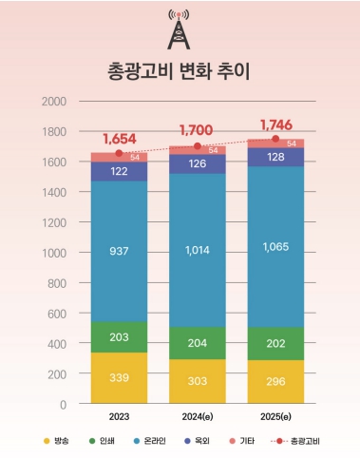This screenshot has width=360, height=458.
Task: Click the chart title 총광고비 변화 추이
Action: click(180, 71)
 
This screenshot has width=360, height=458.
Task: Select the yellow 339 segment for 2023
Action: click(119, 378)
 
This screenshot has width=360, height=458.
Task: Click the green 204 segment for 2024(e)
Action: click(198, 344)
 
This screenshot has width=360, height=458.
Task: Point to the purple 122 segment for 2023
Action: click(119, 171)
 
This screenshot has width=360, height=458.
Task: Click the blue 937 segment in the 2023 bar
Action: click(119, 251)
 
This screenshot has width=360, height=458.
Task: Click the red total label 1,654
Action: click(120, 139)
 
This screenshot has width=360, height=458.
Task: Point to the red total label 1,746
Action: click(276, 124)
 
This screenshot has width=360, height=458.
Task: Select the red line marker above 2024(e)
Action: click(198, 146)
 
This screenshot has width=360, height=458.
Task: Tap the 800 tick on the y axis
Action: click(56, 283)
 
